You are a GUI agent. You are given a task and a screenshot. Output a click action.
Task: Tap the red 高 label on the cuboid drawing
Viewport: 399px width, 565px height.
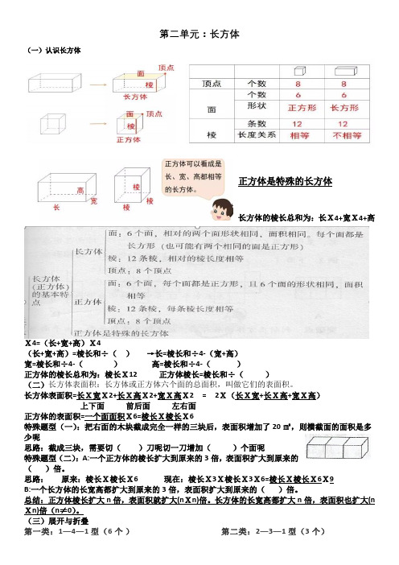(x=81, y=190)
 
